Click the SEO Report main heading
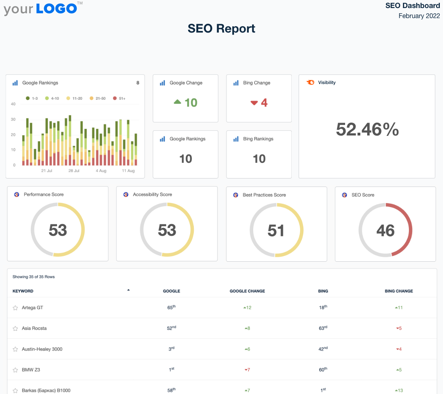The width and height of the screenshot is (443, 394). click(x=221, y=29)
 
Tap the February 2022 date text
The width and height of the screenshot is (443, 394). click(x=419, y=16)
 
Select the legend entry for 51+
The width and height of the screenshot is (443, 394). click(x=119, y=98)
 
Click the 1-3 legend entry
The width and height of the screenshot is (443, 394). click(x=33, y=98)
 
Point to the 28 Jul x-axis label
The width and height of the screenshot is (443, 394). click(x=74, y=171)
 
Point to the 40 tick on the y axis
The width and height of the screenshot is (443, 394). click(x=13, y=104)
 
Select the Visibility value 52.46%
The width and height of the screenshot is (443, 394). click(x=367, y=129)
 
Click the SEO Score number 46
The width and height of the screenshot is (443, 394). click(x=385, y=230)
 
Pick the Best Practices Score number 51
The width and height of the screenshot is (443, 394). click(x=276, y=230)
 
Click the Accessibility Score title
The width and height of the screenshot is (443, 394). click(x=152, y=195)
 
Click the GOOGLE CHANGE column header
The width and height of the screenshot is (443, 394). click(x=247, y=291)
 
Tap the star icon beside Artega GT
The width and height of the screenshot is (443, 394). click(x=15, y=308)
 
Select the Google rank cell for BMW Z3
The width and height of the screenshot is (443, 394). click(x=171, y=369)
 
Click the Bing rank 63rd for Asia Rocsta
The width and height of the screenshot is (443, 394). click(x=323, y=328)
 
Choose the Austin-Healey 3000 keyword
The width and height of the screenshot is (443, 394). click(x=42, y=349)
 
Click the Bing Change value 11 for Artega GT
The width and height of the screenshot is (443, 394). click(x=399, y=308)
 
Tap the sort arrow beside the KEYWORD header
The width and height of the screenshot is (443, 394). click(x=128, y=290)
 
